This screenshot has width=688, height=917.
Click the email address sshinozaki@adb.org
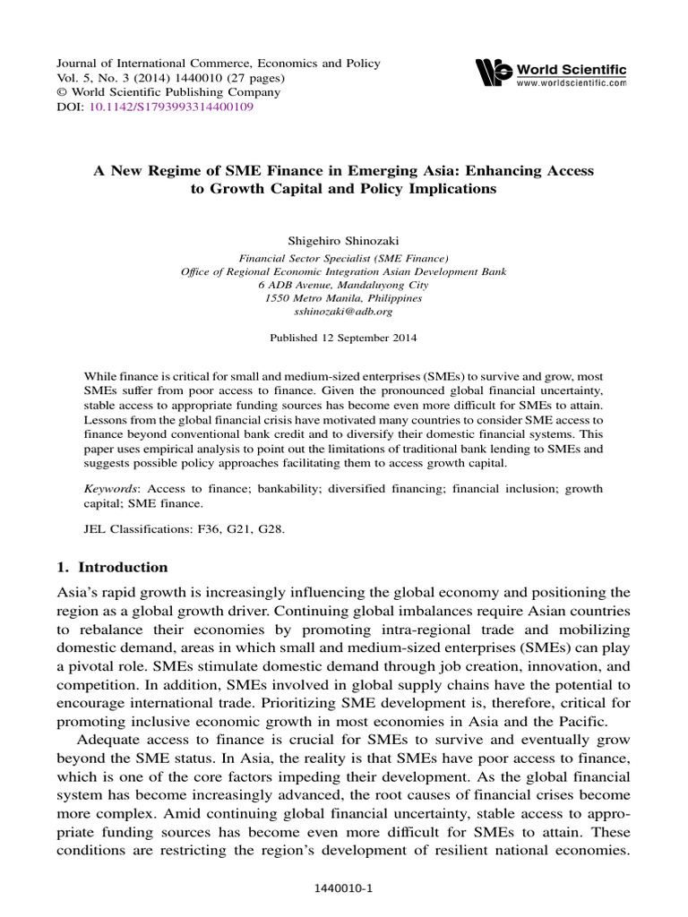(x=344, y=312)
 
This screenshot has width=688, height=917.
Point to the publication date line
(x=344, y=339)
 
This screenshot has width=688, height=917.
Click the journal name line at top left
(x=219, y=64)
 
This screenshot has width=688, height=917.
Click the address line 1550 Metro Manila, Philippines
(x=344, y=298)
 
